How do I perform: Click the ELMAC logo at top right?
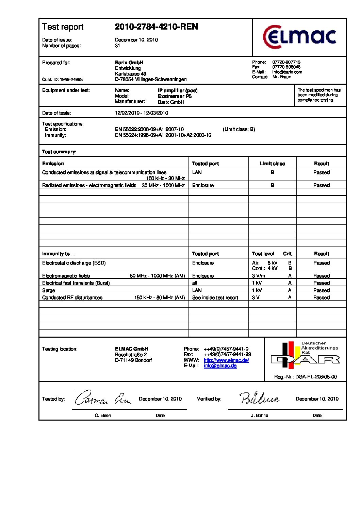click(299, 37)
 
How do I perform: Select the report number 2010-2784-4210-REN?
click(156, 27)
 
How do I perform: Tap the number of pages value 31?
click(117, 46)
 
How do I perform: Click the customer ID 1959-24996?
click(71, 80)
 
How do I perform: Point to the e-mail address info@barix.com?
click(287, 72)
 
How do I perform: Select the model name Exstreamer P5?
click(175, 96)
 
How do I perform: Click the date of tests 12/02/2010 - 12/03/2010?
click(141, 113)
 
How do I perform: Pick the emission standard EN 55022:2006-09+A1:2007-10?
click(149, 129)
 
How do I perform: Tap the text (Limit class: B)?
click(239, 129)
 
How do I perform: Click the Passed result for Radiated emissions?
click(321, 185)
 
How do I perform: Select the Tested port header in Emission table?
click(205, 164)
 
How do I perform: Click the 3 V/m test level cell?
click(258, 276)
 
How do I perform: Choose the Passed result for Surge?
click(321, 290)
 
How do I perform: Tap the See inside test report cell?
click(215, 298)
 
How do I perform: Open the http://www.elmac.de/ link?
click(226, 360)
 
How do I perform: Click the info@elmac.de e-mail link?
click(220, 366)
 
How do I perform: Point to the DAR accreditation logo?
click(305, 355)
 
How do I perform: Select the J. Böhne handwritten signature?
click(260, 398)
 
